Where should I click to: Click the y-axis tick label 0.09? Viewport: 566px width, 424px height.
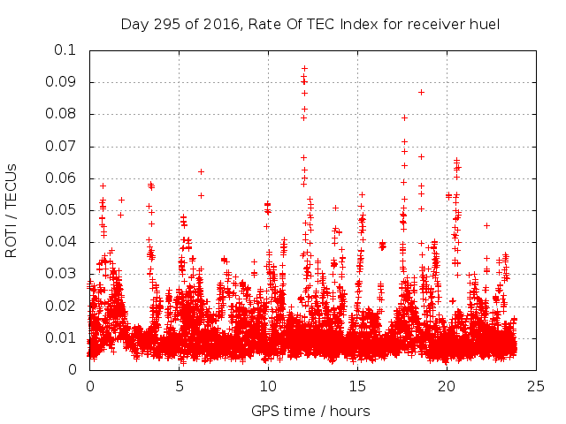(x=61, y=82)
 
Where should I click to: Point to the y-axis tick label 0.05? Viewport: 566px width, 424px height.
(x=61, y=210)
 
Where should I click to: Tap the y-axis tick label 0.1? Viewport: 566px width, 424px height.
(x=65, y=50)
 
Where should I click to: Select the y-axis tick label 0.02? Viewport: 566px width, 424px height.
(x=61, y=306)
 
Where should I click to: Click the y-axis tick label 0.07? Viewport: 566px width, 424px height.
(x=61, y=146)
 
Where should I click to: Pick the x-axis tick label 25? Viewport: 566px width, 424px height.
(x=535, y=386)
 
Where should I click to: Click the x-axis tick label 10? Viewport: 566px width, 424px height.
(x=268, y=386)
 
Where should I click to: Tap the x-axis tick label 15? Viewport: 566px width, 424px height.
(x=357, y=386)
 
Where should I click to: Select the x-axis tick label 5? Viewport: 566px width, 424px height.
(x=179, y=386)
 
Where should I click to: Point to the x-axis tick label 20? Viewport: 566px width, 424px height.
(x=446, y=386)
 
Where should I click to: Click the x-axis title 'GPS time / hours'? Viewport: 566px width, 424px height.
(x=310, y=411)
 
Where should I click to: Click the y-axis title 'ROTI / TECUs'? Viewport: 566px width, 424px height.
(x=11, y=210)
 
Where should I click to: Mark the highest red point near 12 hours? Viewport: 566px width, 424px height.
(x=304, y=68)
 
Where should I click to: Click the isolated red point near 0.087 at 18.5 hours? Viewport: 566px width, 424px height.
(x=421, y=92)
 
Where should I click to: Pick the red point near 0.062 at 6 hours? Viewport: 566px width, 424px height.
(x=201, y=171)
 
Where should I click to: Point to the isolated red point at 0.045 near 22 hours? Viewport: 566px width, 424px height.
(x=486, y=225)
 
